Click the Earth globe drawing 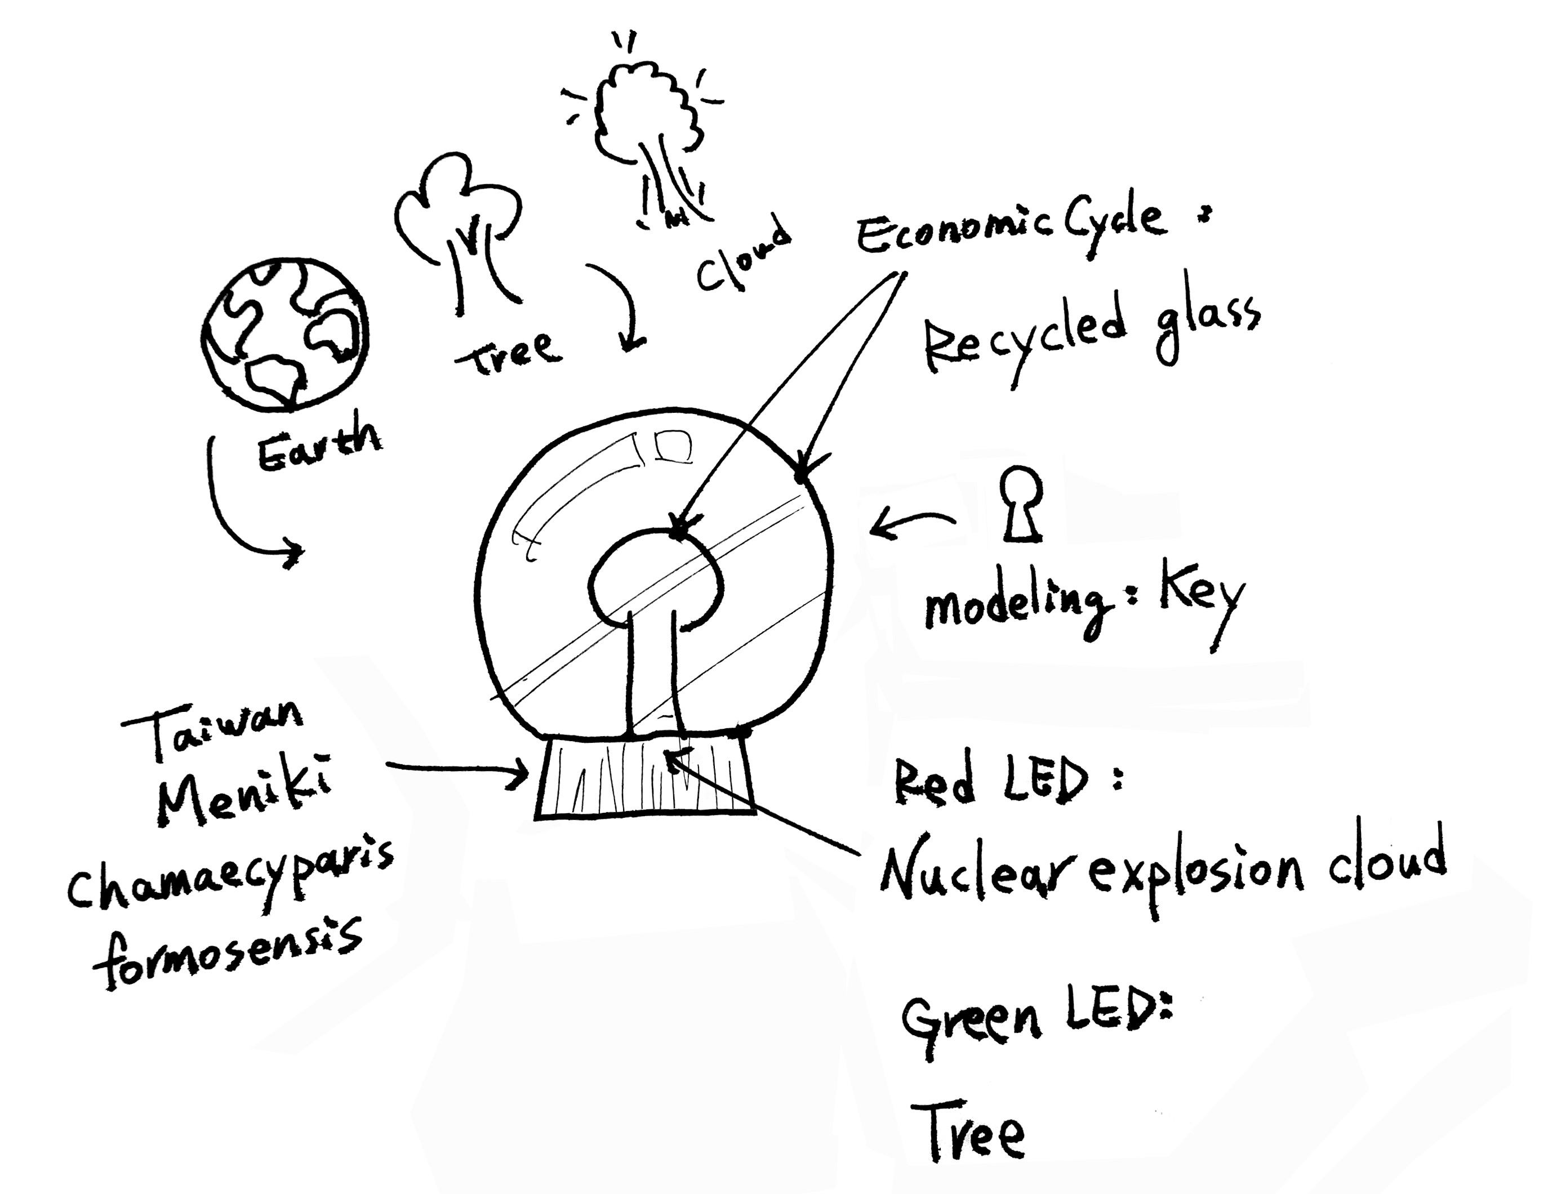pyautogui.click(x=285, y=335)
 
